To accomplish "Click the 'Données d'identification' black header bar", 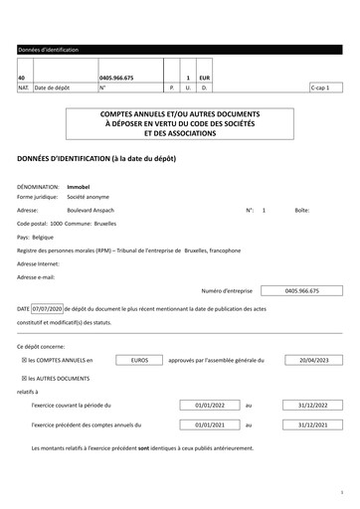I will point(179,49).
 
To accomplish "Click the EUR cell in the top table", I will point(204,77).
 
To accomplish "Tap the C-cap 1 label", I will point(320,87).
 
